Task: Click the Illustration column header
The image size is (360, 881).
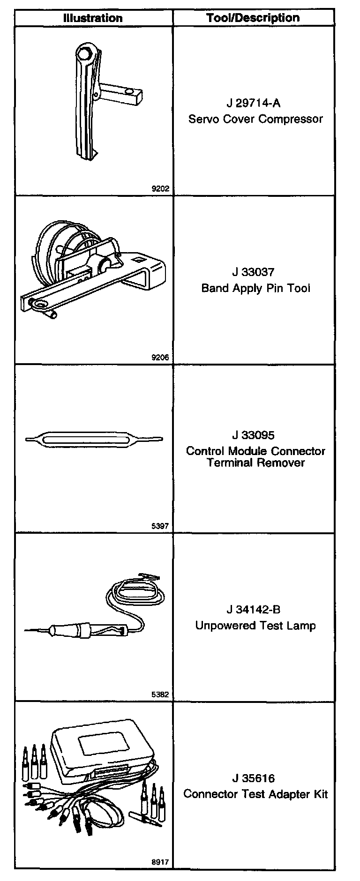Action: coord(93,18)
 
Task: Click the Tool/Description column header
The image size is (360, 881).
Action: coord(253,18)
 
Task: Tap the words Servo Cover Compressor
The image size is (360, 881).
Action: coord(255,119)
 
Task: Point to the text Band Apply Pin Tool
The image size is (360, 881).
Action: coord(255,288)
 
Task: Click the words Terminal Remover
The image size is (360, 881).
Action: coord(256,463)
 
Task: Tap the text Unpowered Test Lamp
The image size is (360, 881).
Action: coord(255,626)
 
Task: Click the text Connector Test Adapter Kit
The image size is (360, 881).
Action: coord(255,794)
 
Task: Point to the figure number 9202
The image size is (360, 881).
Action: coord(160,189)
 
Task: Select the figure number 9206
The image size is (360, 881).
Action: coord(160,358)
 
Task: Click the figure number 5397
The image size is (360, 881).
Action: coord(160,526)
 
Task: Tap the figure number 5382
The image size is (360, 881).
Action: coord(160,695)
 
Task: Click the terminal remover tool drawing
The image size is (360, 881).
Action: coord(94,439)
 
